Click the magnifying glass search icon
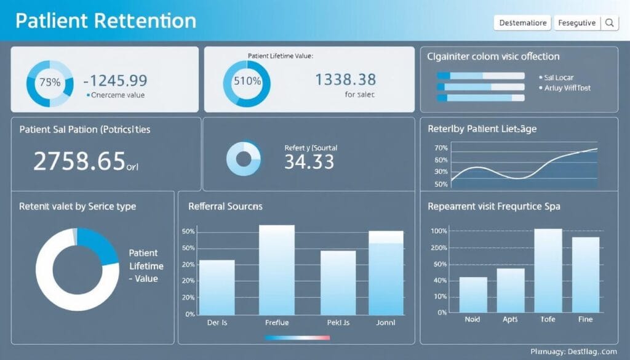[x=610, y=23]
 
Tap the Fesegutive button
[x=576, y=23]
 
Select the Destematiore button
[x=522, y=23]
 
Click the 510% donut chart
[x=246, y=81]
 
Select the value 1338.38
[x=345, y=79]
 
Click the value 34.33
[x=309, y=162]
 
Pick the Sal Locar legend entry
[x=559, y=78]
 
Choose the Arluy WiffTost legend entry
[x=567, y=88]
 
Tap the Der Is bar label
[x=217, y=322]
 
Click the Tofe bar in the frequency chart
[x=548, y=271]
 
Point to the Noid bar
[x=473, y=295]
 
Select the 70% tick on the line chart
[x=441, y=148]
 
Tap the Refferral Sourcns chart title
[x=225, y=206]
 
